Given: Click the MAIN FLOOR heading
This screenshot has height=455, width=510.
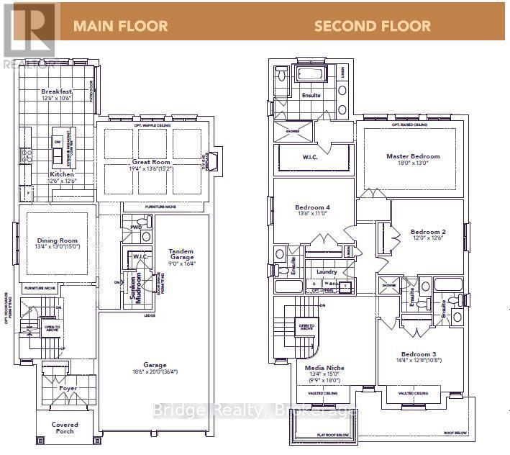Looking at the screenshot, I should click(x=120, y=27).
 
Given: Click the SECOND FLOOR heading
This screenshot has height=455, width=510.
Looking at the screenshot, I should click(x=373, y=27).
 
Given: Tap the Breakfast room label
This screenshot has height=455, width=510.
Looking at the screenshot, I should click(x=56, y=91).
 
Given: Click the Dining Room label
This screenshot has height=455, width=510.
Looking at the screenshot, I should click(x=57, y=241).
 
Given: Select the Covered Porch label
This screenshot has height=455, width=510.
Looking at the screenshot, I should click(x=64, y=428).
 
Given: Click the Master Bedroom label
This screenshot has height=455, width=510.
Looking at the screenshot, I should click(x=412, y=156).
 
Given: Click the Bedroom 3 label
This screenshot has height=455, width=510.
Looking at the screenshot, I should click(x=418, y=354).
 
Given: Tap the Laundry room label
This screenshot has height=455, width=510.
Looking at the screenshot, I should click(x=329, y=272).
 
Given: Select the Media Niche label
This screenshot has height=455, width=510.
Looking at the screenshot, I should click(x=324, y=367).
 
